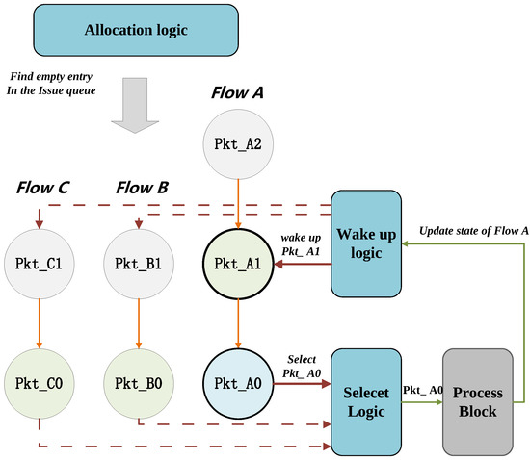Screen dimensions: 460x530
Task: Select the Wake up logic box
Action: [x=366, y=243]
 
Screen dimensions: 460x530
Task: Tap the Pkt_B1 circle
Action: [x=141, y=263]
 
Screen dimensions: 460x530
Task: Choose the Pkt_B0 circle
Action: [x=141, y=383]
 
